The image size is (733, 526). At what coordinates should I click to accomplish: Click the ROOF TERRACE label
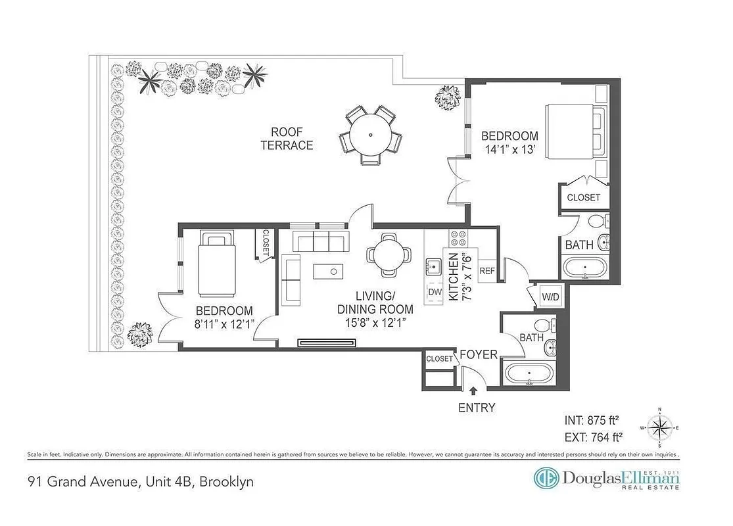coord(287,138)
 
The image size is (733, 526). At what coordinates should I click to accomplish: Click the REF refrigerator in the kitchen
coord(487,270)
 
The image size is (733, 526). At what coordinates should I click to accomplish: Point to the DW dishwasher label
coord(435,291)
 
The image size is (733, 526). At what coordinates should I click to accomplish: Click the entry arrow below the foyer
coord(473,392)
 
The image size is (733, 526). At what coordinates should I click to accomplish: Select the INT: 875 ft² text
coord(594,419)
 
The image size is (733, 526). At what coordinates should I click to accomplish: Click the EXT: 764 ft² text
coord(594,436)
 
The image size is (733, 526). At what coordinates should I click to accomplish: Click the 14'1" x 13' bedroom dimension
coord(509,149)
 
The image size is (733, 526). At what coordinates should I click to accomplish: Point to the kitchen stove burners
coord(457,237)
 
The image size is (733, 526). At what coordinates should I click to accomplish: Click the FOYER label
coord(478,355)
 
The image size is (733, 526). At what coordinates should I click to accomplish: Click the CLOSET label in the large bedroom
coord(583,197)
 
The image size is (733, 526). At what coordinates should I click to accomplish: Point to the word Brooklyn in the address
coord(226,481)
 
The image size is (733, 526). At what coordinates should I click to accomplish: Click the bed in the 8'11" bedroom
coord(218,263)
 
